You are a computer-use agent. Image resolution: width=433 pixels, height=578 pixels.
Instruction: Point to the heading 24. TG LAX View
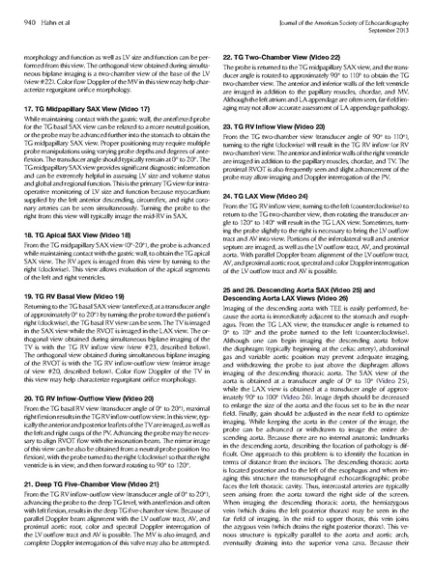coord(264,167)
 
